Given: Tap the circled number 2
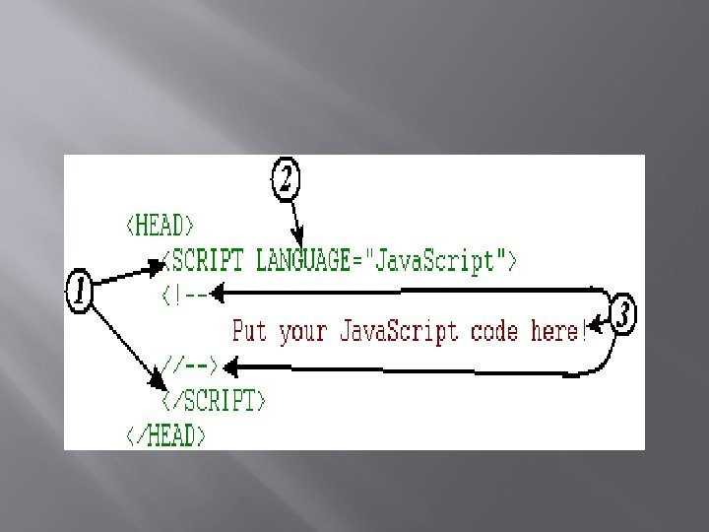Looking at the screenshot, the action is tap(285, 180).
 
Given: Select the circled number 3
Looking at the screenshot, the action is tap(622, 316).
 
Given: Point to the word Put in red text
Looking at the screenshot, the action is tap(250, 330).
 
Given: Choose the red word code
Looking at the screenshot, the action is tap(495, 330).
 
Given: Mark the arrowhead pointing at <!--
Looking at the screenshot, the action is tap(222, 293).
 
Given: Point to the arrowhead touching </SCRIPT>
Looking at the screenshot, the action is tap(157, 381).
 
